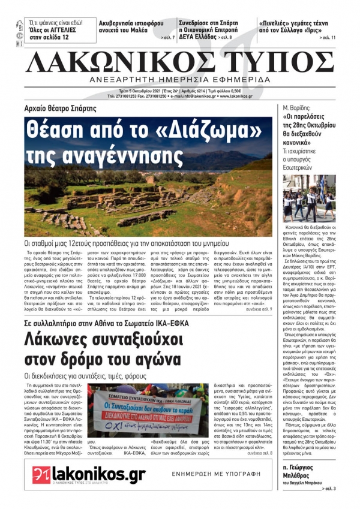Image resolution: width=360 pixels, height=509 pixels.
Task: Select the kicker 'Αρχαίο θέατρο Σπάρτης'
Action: click(65, 109)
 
